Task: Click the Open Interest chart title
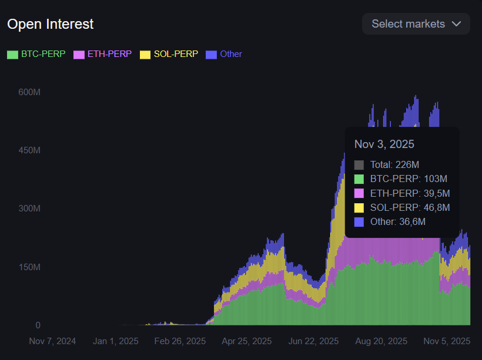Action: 51,24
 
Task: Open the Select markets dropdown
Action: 416,24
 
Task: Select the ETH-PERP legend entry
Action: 102,54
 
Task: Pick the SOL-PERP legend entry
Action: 169,54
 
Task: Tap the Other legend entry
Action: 224,54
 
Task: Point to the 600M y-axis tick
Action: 29,92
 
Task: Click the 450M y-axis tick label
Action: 29,150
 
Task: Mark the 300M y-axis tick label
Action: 29,208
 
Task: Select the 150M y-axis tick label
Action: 29,267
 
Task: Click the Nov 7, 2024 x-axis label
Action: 52,341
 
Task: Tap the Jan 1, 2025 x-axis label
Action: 116,341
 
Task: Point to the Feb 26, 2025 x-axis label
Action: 180,341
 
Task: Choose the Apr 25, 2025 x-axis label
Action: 247,341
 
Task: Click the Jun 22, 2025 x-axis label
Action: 314,341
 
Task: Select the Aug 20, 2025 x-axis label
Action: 381,341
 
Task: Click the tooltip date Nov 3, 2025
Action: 384,144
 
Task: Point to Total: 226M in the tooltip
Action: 394,164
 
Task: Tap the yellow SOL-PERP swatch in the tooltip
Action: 359,207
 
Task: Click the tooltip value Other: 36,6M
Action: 397,221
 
